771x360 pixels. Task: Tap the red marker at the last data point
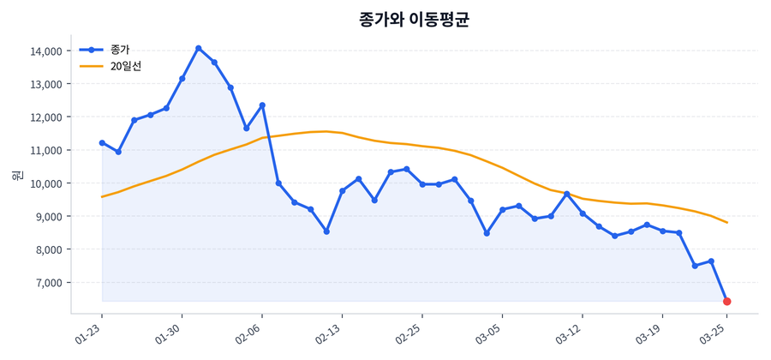pos(726,302)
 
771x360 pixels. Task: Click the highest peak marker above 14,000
pos(199,48)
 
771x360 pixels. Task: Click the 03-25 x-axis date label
pos(714,335)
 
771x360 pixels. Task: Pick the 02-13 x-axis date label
pos(330,335)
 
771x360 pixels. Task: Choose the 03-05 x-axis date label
pos(490,335)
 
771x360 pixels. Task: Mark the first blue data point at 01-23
pos(102,143)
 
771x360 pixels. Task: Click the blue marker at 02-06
pos(262,105)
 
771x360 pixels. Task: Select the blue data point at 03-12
pos(583,213)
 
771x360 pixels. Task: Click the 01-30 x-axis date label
pos(170,335)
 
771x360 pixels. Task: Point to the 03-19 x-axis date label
pos(650,335)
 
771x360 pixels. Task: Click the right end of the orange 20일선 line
pos(726,223)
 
